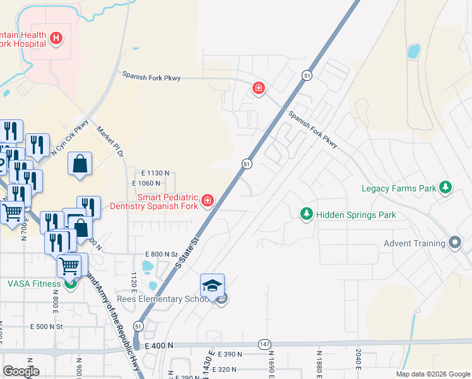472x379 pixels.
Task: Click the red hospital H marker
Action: (56, 39)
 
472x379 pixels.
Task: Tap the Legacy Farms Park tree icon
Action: (445, 188)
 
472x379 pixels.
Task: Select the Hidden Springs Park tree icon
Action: (307, 215)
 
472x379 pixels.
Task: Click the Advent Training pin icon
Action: (455, 243)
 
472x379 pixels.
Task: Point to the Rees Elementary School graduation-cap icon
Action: (213, 285)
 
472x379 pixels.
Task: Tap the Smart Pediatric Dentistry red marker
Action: (207, 202)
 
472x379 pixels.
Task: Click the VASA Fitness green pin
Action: (71, 284)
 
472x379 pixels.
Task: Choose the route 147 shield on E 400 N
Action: (265, 344)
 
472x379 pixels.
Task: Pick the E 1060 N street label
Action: (146, 183)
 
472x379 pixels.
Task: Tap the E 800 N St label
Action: (162, 254)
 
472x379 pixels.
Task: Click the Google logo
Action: (21, 371)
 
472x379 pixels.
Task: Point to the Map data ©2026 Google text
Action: (432, 374)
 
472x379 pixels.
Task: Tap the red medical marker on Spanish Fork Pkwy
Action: (258, 88)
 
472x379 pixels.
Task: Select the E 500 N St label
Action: (47, 327)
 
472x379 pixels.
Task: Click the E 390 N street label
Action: (230, 355)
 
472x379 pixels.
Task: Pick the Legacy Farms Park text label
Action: (399, 188)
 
